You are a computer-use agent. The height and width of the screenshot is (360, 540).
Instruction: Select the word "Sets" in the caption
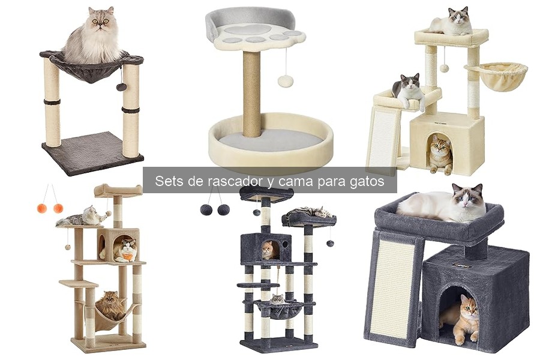[168, 182]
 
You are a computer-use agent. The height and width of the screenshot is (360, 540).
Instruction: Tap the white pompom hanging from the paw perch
[286, 81]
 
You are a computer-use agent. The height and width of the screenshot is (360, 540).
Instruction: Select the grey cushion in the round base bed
[270, 140]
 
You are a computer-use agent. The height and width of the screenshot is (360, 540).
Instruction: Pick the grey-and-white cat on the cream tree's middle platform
[409, 90]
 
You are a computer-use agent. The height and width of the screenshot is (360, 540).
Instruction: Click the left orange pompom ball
[42, 208]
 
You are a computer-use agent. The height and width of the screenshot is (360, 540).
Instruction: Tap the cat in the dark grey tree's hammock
[277, 299]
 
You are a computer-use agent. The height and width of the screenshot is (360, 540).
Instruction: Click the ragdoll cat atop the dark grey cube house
[447, 204]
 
